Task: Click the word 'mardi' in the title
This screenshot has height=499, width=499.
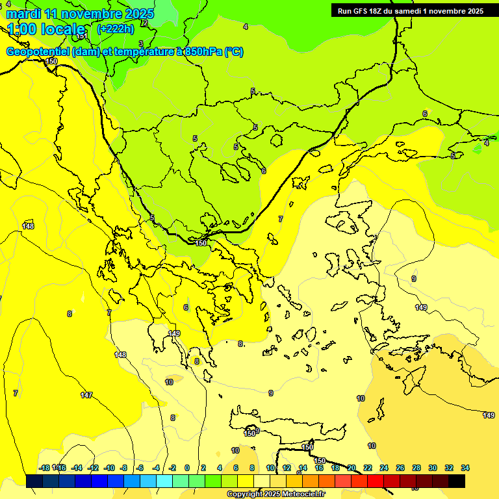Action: pyautogui.click(x=23, y=14)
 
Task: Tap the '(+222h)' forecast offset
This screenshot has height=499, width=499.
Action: pyautogui.click(x=115, y=29)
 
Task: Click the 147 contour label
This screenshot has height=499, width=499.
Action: pyautogui.click(x=86, y=395)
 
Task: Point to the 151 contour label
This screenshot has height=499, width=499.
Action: pyautogui.click(x=82, y=36)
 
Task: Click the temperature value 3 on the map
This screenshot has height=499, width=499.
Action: pyautogui.click(x=141, y=44)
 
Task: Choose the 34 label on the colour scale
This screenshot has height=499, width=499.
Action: pyautogui.click(x=465, y=468)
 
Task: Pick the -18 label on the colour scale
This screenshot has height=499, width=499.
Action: pyautogui.click(x=44, y=468)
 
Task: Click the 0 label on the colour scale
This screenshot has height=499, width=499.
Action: pyautogui.click(x=187, y=468)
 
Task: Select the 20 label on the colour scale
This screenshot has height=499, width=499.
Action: pyautogui.click(x=352, y=468)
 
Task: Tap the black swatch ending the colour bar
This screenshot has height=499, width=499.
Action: pyautogui.click(x=457, y=481)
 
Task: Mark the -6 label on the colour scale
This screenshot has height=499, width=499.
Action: pyautogui.click(x=140, y=468)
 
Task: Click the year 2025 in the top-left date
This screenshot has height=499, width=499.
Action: pyautogui.click(x=139, y=14)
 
